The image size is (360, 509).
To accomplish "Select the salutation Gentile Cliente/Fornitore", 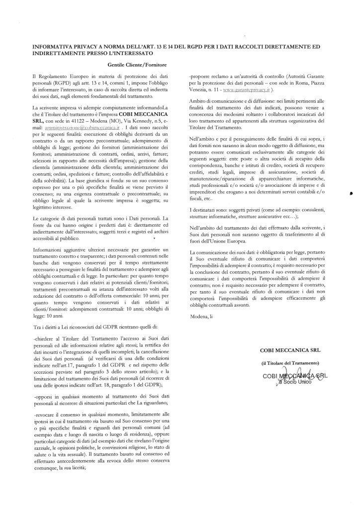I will click(x=136, y=65).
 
